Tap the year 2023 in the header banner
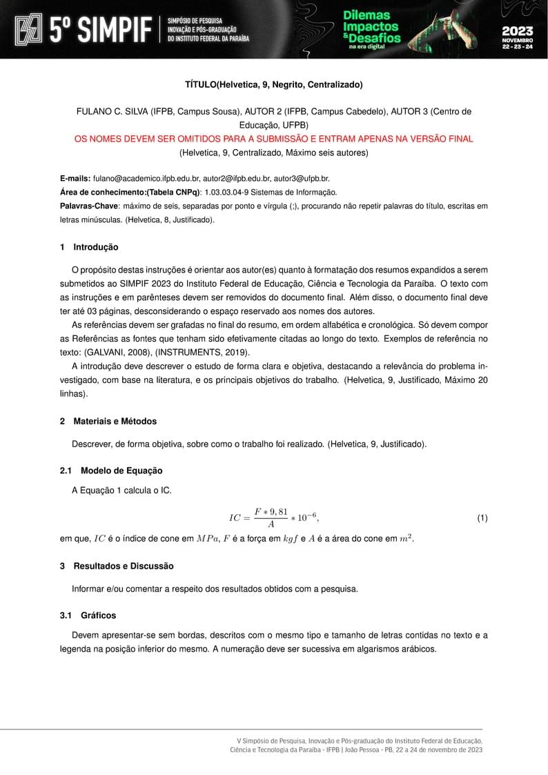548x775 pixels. coord(517,30)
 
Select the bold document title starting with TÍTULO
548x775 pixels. coord(273,85)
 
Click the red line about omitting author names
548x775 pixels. coord(273,139)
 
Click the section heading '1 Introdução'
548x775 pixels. coord(89,247)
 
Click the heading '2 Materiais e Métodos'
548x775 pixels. coord(108,421)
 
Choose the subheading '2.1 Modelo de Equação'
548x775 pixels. coord(111,471)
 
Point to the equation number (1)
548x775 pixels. coord(482,518)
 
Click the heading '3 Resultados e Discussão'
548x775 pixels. coord(117,566)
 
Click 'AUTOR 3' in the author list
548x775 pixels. coord(413,112)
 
